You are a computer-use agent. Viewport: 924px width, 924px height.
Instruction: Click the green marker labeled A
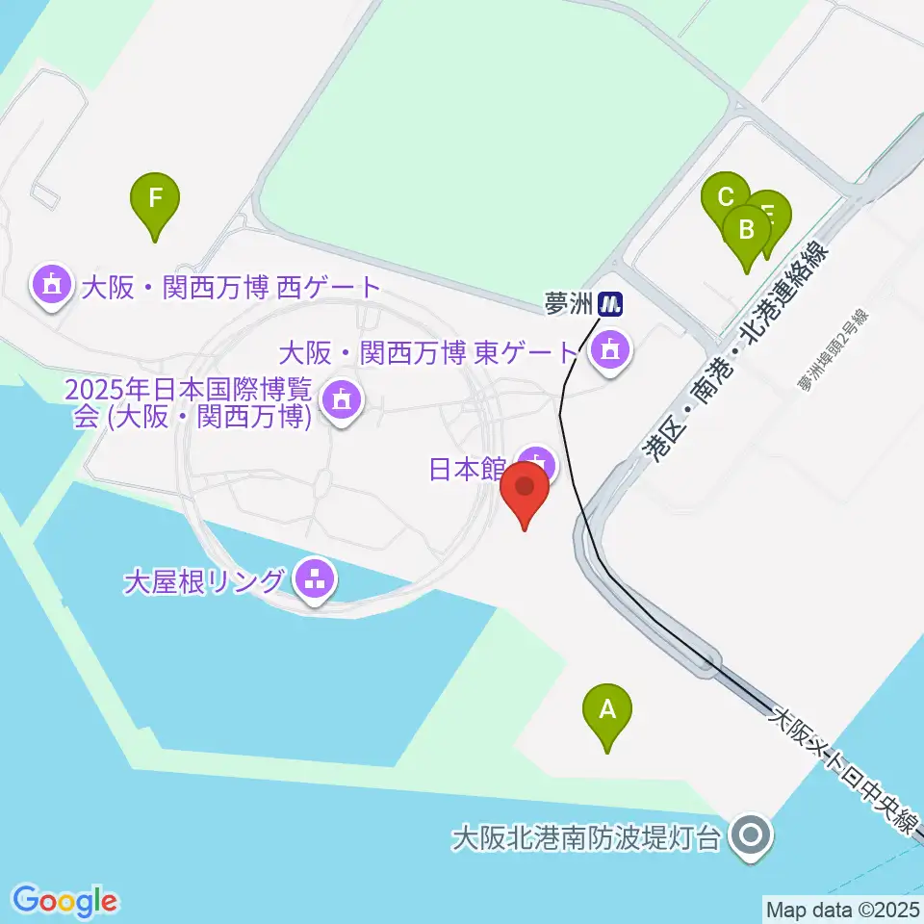pos(607,710)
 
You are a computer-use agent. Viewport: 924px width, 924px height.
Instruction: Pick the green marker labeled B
pos(746,231)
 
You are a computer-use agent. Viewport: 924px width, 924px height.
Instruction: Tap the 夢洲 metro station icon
pos(610,305)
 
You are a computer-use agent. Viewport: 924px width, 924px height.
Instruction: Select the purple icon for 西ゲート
pos(50,285)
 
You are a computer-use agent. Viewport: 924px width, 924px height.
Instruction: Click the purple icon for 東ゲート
pos(608,351)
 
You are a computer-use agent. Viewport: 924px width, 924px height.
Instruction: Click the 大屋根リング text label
pos(205,581)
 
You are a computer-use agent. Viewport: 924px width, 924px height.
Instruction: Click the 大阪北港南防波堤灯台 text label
pos(586,836)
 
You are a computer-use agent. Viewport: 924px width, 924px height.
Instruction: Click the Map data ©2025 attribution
pos(841,909)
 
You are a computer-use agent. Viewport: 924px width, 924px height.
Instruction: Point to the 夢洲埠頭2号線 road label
pos(833,351)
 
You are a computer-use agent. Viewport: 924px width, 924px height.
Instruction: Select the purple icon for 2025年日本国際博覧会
pos(339,397)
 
